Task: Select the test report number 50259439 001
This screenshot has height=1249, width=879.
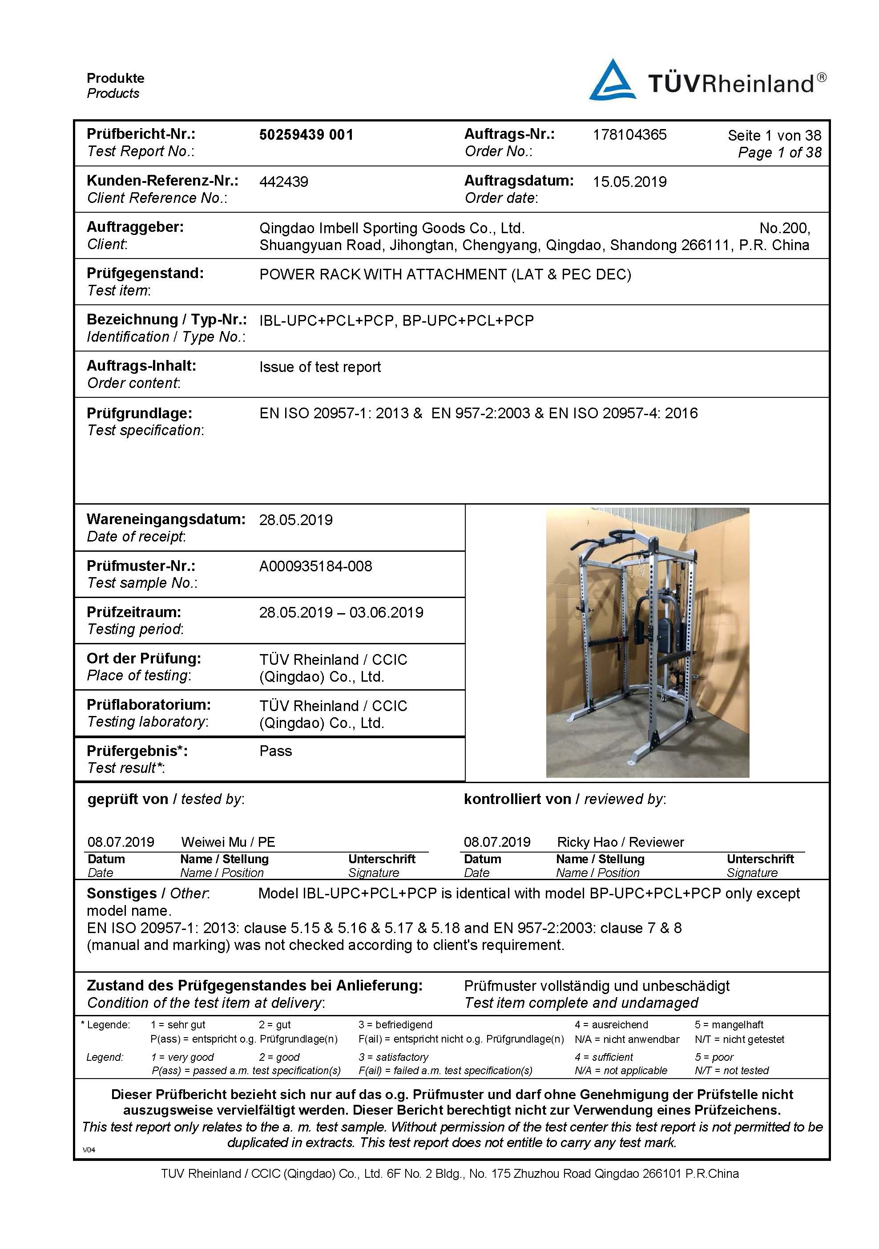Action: pyautogui.click(x=306, y=135)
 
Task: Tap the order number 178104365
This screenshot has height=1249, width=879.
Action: pyautogui.click(x=629, y=135)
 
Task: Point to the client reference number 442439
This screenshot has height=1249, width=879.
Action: pyautogui.click(x=283, y=182)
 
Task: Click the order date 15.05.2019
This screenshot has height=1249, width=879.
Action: pyautogui.click(x=629, y=182)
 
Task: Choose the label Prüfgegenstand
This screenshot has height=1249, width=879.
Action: pyautogui.click(x=145, y=273)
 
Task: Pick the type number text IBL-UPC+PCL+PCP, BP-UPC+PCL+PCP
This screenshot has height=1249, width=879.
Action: pyautogui.click(x=396, y=321)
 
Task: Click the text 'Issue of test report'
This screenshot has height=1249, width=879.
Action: pyautogui.click(x=320, y=367)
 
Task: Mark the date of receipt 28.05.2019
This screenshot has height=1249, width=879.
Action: pyautogui.click(x=295, y=520)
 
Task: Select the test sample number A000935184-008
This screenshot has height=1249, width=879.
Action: pyautogui.click(x=315, y=566)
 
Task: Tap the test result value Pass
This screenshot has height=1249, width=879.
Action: pyautogui.click(x=275, y=751)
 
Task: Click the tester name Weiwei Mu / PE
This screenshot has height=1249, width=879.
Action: pyautogui.click(x=228, y=842)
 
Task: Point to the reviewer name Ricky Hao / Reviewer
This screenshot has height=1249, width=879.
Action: pyautogui.click(x=620, y=842)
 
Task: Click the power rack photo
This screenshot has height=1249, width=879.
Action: pyautogui.click(x=647, y=643)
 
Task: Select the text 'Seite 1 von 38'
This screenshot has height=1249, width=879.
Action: pyautogui.click(x=774, y=135)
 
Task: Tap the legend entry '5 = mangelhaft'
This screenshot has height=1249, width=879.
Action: pyautogui.click(x=729, y=1025)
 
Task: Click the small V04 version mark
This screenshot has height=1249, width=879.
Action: pyautogui.click(x=89, y=1150)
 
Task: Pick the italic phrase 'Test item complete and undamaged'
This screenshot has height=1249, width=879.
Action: pyautogui.click(x=581, y=1002)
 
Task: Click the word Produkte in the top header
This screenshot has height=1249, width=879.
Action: pyautogui.click(x=115, y=78)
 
